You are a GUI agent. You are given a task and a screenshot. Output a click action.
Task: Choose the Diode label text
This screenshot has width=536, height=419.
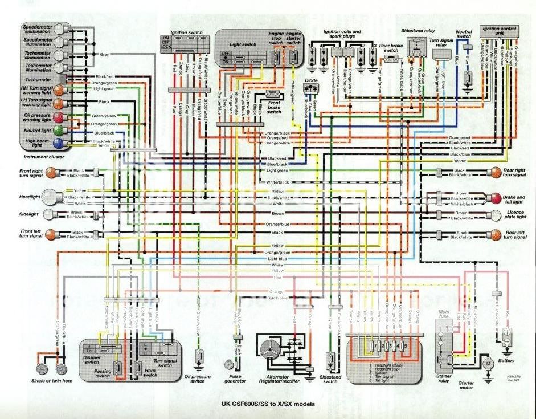click(x=310, y=81)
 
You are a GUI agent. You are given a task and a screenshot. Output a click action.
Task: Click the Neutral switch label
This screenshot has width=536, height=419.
click(x=464, y=34)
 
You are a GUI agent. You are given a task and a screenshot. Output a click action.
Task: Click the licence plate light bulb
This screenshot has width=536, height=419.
click(x=493, y=215)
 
